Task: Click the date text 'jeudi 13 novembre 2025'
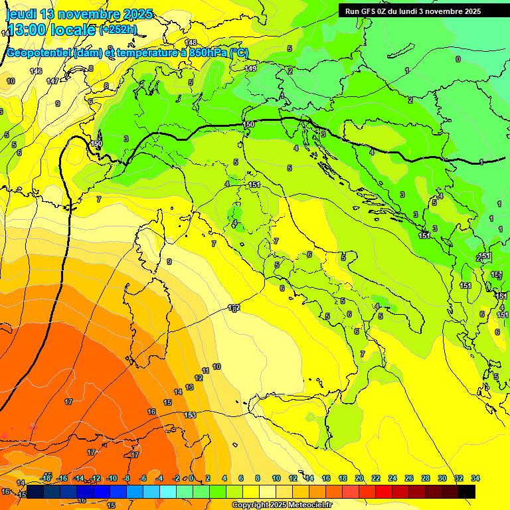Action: pyautogui.click(x=79, y=14)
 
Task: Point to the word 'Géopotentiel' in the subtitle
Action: pyautogui.click(x=39, y=53)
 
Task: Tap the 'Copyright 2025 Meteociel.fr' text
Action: pyautogui.click(x=282, y=505)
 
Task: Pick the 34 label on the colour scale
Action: pyautogui.click(x=475, y=479)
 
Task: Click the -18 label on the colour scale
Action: pyautogui.click(x=46, y=479)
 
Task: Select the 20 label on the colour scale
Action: pyautogui.click(x=359, y=479)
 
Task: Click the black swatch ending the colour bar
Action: pyautogui.click(x=467, y=491)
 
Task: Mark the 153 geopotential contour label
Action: pyautogui.click(x=190, y=415)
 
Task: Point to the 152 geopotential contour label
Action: pyautogui.click(x=233, y=307)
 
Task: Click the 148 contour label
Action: pyautogui.click(x=191, y=42)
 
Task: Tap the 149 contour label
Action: pyautogui.click(x=250, y=68)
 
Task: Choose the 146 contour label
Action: pyautogui.click(x=36, y=71)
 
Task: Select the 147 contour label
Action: pyautogui.click(x=52, y=81)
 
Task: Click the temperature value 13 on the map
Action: pyautogui.click(x=189, y=387)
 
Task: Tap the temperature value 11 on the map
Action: pyautogui.click(x=206, y=371)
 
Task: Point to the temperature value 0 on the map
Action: pyautogui.click(x=458, y=59)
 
